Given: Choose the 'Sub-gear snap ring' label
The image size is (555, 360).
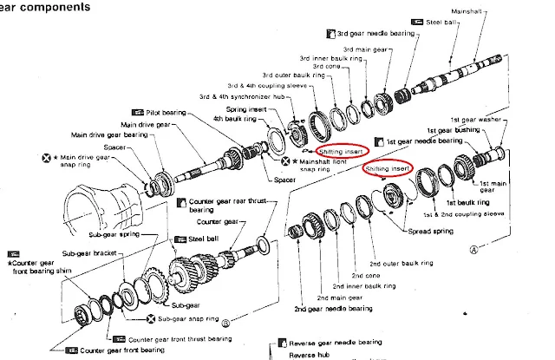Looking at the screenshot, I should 190,318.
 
